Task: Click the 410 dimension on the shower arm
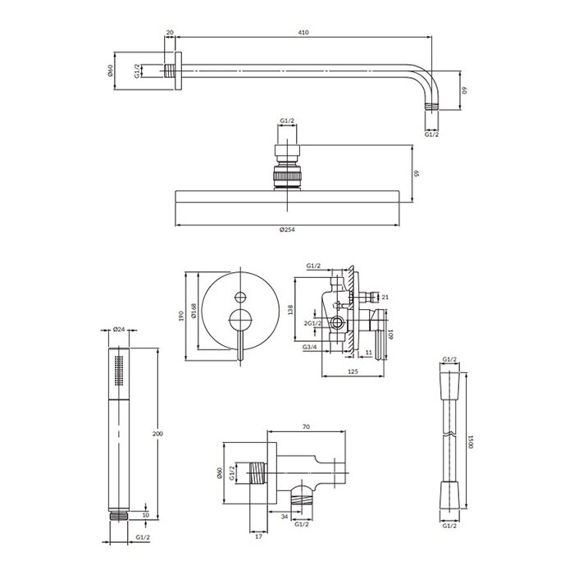pyautogui.click(x=303, y=32)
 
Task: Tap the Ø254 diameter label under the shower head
pyautogui.click(x=287, y=230)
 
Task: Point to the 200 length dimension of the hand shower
pyautogui.click(x=157, y=434)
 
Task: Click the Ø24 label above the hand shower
pyautogui.click(x=119, y=329)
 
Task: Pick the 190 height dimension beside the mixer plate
pyautogui.click(x=181, y=317)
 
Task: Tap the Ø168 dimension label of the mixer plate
pyautogui.click(x=194, y=311)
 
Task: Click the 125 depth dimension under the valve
pyautogui.click(x=352, y=371)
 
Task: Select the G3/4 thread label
pyautogui.click(x=310, y=347)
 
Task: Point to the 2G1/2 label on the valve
pyautogui.click(x=312, y=323)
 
